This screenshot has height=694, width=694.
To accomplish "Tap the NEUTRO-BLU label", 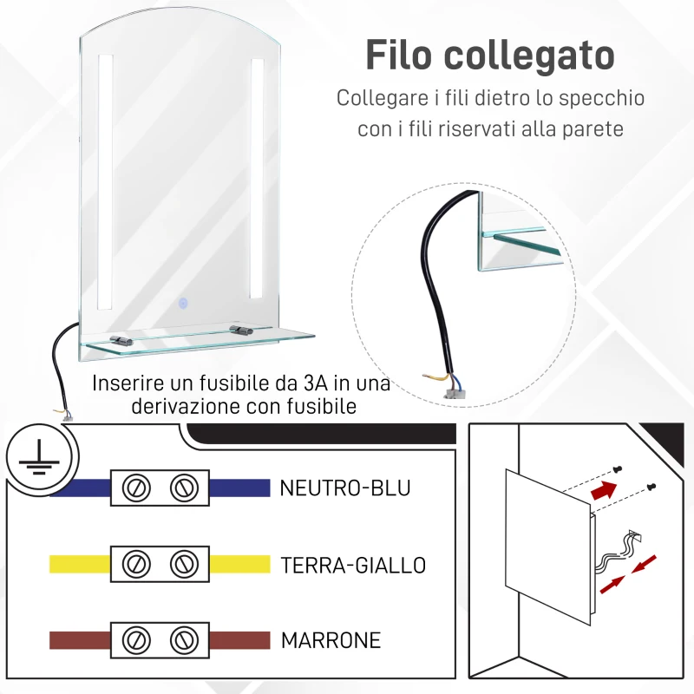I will (344, 488).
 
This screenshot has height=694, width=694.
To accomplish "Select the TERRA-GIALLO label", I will (353, 566).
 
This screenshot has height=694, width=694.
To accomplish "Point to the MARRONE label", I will (331, 641).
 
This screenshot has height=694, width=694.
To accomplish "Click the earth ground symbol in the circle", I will (36, 456).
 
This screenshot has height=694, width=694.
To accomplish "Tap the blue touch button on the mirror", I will (184, 304).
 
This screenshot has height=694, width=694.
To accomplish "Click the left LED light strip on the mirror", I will (105, 182).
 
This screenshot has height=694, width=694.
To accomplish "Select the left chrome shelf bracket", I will (120, 340).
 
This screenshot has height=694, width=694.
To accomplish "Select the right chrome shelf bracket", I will (240, 330).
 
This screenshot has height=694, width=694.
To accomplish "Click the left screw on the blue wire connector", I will (135, 488).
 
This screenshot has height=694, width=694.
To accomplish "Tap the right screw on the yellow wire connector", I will (181, 566).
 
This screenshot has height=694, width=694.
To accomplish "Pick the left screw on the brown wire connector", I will (135, 641).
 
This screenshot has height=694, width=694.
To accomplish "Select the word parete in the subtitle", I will (593, 129).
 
